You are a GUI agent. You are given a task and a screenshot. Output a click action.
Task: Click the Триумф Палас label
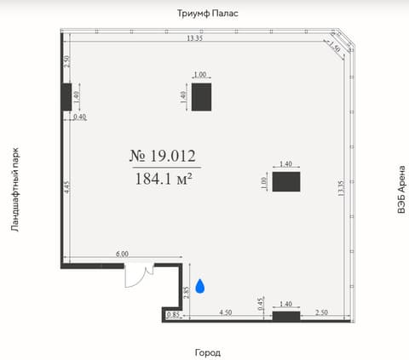click(208, 14)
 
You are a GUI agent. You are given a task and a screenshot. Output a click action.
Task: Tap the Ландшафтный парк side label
click(15, 190)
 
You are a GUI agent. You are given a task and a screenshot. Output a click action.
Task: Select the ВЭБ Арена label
click(401, 189)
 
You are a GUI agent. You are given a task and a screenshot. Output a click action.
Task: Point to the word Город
click(208, 352)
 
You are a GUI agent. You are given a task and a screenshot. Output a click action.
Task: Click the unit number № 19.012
click(163, 156)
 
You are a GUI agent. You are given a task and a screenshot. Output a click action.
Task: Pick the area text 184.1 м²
click(164, 179)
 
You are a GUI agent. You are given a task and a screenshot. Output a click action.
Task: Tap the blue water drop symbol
click(200, 286)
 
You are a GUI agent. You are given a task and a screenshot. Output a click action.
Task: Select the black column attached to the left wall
click(66, 97)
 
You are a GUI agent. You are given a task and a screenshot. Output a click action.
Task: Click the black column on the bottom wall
click(286, 317)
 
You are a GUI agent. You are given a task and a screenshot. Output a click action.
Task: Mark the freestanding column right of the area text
click(286, 181)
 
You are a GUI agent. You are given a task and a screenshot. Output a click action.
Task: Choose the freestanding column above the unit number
click(201, 97)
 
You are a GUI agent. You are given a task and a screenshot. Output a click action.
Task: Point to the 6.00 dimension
click(122, 254)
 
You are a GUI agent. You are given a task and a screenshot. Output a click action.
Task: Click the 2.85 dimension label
click(187, 293)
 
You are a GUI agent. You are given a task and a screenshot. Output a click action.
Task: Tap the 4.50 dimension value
click(226, 312)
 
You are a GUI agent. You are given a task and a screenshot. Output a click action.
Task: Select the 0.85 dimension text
click(173, 315)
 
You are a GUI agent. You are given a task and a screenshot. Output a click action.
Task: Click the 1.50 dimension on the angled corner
click(335, 48)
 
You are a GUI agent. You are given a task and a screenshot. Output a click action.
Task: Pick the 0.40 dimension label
click(80, 117)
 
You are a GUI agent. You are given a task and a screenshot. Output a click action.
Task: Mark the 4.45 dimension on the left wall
click(66, 187)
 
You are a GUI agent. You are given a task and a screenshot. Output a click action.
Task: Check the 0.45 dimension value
click(261, 304)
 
